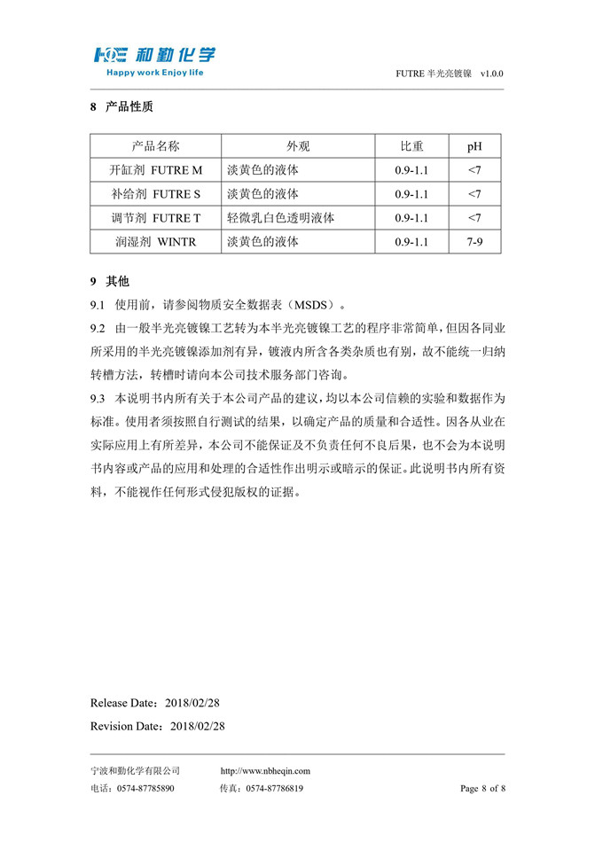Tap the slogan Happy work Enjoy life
(x=154, y=72)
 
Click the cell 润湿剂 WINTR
(x=155, y=241)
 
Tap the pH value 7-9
(x=474, y=241)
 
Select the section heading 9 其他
(x=110, y=282)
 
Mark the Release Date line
(x=155, y=703)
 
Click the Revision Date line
(x=158, y=726)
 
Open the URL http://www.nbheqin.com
(x=265, y=771)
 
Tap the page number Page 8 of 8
(x=482, y=788)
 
